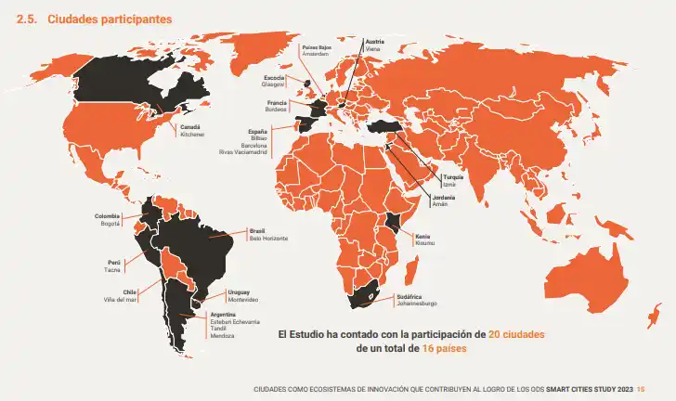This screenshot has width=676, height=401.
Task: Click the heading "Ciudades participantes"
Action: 98,19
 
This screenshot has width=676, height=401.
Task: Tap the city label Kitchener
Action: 192,135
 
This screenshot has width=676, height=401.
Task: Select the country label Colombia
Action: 108,216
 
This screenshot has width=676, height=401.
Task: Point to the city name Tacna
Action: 112,270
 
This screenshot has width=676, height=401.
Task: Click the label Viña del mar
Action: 120,300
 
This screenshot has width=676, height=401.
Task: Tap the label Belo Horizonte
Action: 268,239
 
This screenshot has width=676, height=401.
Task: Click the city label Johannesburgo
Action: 417,304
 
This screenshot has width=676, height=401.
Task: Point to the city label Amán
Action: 439,203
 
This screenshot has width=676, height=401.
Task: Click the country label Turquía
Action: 453,176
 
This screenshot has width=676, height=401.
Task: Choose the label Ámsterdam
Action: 317,54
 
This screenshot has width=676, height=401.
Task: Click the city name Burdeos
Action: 276,110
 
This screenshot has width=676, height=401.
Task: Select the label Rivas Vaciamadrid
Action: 243,152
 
